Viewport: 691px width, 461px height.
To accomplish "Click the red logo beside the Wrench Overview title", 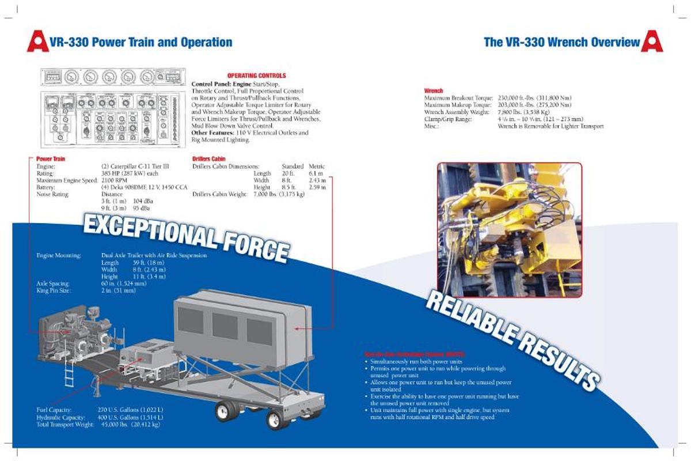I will (x=652, y=41).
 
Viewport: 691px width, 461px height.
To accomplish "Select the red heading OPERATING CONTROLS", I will (x=256, y=75).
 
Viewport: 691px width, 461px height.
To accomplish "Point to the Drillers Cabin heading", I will (x=208, y=158).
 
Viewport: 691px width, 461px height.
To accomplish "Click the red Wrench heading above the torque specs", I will (x=433, y=90).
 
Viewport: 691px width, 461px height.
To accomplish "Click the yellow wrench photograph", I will (x=509, y=229).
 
